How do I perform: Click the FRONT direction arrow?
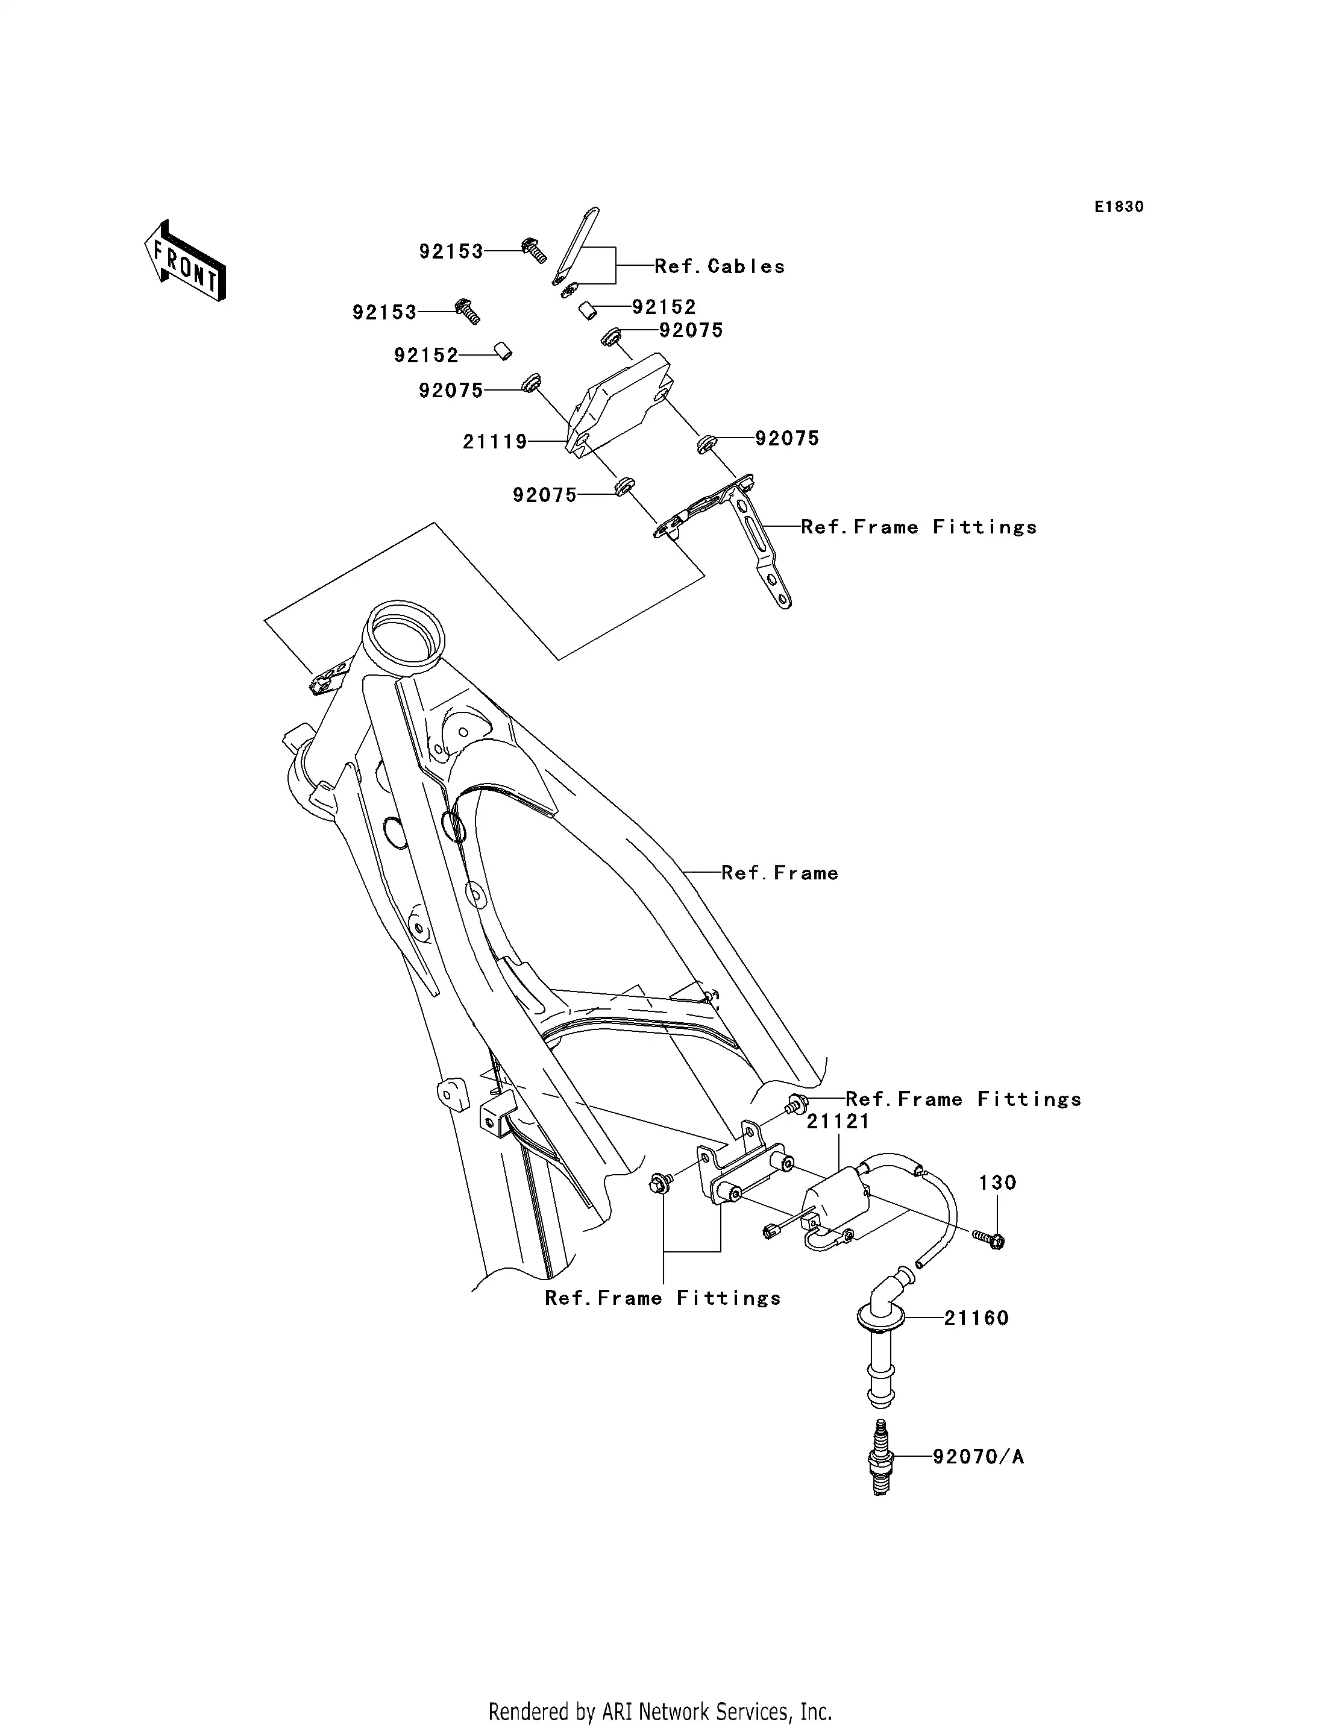tap(185, 261)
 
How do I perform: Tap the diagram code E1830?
tap(1119, 207)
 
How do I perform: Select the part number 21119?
tap(495, 442)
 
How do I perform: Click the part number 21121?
tap(838, 1122)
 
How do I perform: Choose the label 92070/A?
tap(978, 1457)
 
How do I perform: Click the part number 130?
tap(997, 1183)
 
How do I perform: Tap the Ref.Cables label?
tap(720, 266)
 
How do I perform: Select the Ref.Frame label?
tap(779, 873)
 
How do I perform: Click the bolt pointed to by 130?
tap(991, 1240)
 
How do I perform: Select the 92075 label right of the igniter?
tap(787, 439)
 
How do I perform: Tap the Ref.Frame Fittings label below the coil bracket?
tap(662, 1298)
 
